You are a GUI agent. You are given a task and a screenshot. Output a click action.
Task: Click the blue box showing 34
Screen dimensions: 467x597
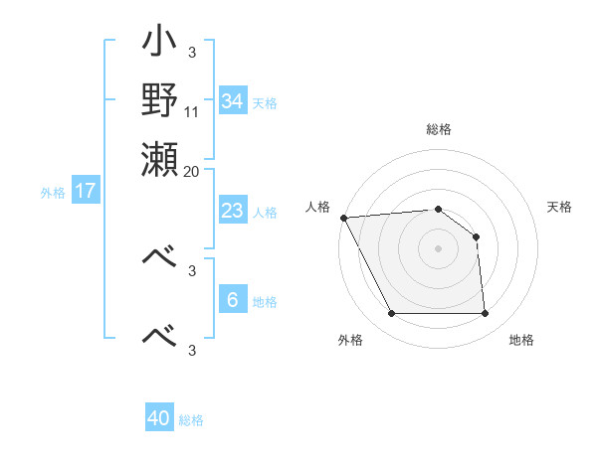pyautogui.click(x=232, y=101)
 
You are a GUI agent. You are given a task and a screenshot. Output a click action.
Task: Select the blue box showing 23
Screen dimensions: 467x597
pyautogui.click(x=232, y=211)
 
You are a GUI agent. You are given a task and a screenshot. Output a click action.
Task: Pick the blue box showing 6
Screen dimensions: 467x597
pyautogui.click(x=232, y=300)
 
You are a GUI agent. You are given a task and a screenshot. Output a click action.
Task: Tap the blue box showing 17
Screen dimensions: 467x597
pyautogui.click(x=86, y=191)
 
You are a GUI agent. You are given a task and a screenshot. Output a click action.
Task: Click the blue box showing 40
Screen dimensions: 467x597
pyautogui.click(x=159, y=418)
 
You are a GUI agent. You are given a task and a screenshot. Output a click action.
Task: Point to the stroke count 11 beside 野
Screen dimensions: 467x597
pyautogui.click(x=192, y=112)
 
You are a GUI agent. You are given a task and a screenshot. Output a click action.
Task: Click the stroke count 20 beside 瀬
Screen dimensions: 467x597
pyautogui.click(x=192, y=170)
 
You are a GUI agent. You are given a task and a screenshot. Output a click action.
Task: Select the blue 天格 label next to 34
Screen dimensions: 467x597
pyautogui.click(x=265, y=103)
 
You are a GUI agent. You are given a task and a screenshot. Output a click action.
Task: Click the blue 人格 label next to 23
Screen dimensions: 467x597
pyautogui.click(x=265, y=213)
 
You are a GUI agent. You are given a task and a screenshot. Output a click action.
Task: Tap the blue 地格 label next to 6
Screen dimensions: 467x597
pyautogui.click(x=265, y=302)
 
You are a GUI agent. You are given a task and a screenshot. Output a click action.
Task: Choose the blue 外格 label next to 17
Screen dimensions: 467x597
pyautogui.click(x=53, y=193)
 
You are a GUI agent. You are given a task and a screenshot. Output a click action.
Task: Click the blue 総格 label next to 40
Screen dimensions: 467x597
pyautogui.click(x=192, y=420)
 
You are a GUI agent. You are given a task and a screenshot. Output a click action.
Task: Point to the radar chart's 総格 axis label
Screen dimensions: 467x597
pyautogui.click(x=439, y=129)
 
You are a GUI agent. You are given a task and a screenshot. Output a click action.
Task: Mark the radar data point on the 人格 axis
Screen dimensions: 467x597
pyautogui.click(x=343, y=218)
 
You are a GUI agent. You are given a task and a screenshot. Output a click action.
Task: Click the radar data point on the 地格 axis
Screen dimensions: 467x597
pyautogui.click(x=485, y=314)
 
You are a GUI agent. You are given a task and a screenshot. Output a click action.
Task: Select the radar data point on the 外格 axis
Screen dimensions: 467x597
pyautogui.click(x=392, y=314)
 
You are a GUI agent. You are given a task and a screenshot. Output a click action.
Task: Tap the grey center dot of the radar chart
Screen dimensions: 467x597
pyautogui.click(x=439, y=248)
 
